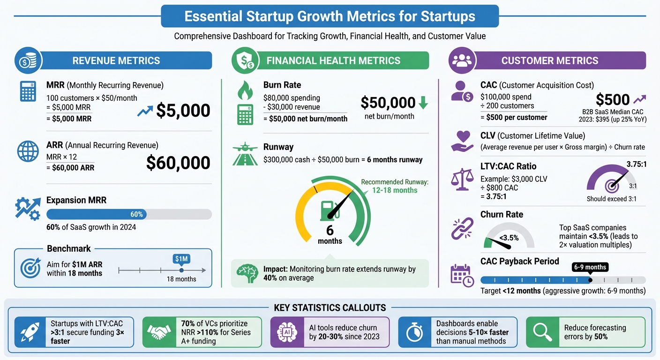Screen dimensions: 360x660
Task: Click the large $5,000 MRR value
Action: [183, 110]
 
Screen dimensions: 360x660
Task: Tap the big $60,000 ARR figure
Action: [178, 163]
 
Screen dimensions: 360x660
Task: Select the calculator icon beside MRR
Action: [28, 91]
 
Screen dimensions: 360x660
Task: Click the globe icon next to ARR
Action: [28, 151]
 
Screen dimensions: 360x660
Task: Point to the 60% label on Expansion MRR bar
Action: [136, 214]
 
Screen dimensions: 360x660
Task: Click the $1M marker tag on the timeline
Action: [181, 259]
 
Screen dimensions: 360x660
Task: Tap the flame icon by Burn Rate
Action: [245, 91]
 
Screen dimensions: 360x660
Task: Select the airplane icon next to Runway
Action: [245, 147]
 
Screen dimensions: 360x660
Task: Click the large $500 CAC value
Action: [613, 99]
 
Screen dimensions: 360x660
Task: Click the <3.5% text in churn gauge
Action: [509, 238]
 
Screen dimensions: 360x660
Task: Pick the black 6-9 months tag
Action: [590, 267]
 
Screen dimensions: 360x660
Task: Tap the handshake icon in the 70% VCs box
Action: [158, 332]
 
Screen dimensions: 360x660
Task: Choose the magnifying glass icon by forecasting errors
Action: [543, 332]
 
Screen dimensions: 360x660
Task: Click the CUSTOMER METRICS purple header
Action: [549, 60]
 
